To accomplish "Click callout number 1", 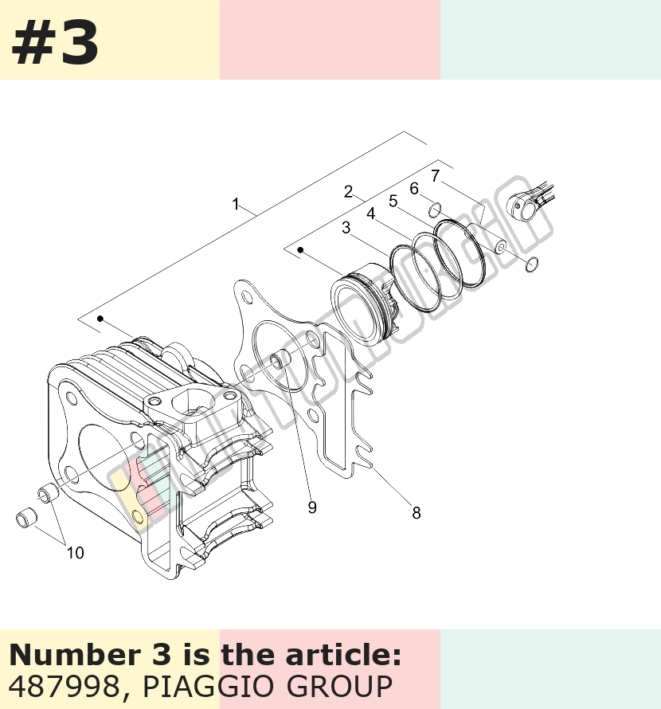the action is coord(235,204).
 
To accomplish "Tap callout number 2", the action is coord(348,192).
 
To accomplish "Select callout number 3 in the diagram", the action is coord(346,228).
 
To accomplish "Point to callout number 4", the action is coord(371,213).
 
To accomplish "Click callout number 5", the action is coord(393,202).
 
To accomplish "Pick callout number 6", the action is coord(413,189).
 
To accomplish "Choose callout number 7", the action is coord(435,176).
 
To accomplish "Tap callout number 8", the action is coord(417,513).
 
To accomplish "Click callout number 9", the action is coord(312,507).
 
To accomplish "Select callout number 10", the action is coord(76,553).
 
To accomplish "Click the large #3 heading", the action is coord(55,44).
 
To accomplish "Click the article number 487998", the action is coord(63,687).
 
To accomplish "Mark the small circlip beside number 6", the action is coord(435,210).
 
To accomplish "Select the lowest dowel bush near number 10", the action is coord(26,518).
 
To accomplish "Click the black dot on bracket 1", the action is coord(100,319).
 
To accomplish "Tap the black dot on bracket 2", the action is coord(300,250).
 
